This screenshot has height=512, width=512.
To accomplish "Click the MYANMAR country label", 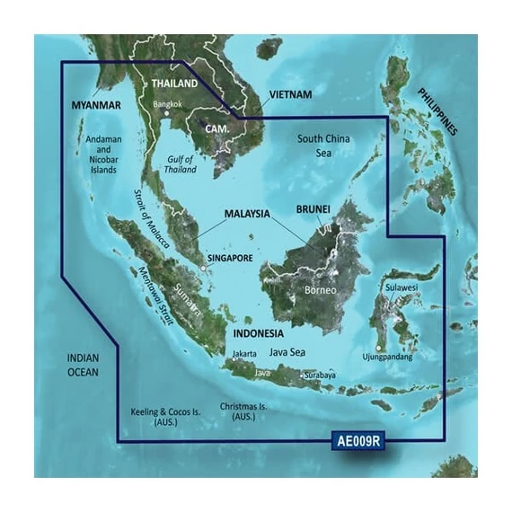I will click(x=96, y=106).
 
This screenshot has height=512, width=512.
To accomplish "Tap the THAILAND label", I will click(x=173, y=84).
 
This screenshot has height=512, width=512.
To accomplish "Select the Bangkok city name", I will click(x=168, y=104).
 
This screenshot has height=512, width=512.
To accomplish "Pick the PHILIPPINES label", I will click(x=437, y=110).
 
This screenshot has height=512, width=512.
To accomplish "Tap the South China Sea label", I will click(x=324, y=146).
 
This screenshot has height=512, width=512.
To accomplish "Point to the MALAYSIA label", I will click(x=247, y=215).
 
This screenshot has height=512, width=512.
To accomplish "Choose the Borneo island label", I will click(x=318, y=292).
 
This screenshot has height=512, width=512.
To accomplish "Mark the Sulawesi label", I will click(x=401, y=287).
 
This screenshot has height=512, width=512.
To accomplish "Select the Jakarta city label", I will click(x=243, y=354).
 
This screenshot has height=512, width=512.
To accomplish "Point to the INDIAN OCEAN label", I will click(x=84, y=364).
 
